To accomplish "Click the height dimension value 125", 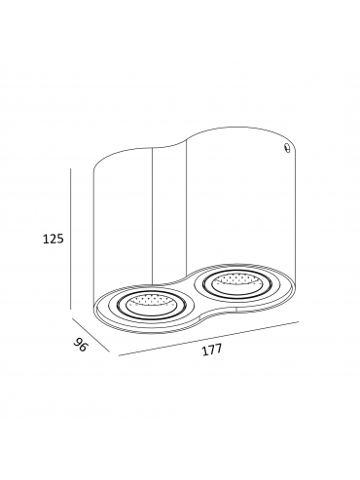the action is [x=54, y=240].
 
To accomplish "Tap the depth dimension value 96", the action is [x=81, y=345].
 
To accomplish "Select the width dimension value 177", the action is [x=212, y=350].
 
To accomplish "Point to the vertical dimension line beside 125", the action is [x=71, y=239].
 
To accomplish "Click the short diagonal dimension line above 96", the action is [x=90, y=336].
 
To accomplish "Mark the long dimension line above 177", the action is [x=208, y=339].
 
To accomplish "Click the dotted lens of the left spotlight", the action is [x=150, y=303].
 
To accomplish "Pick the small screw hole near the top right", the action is [x=286, y=148].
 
